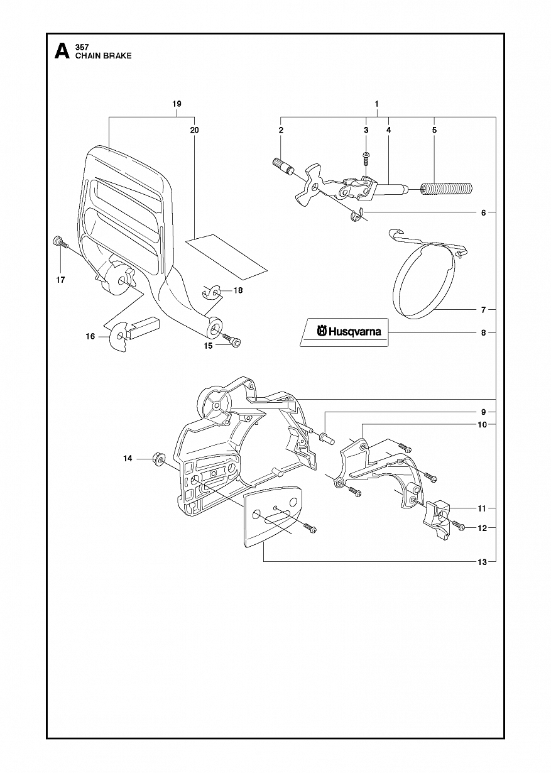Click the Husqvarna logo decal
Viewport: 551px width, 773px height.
[344, 332]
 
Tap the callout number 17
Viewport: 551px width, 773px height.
[60, 280]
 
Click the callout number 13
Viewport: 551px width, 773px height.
[483, 562]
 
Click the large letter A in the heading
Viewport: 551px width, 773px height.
[62, 51]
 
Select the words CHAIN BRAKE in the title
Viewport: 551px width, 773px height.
[104, 55]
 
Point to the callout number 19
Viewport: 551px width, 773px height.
[177, 104]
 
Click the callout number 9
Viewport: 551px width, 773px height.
[483, 412]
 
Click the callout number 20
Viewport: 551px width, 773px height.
[194, 129]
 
